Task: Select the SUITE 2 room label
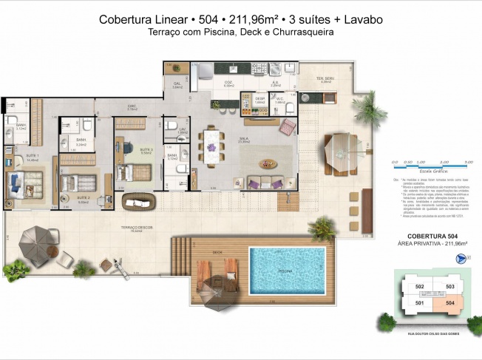84,198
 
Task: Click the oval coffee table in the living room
265,163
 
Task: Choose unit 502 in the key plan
420,287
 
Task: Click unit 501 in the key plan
420,302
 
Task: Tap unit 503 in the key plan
447,287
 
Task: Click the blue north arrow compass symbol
462,259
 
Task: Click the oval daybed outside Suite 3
137,201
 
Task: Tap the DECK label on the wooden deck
217,252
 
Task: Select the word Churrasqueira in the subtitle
302,33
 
